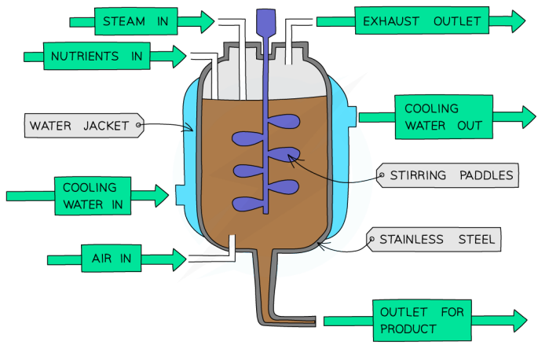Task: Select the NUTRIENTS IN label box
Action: coord(96,57)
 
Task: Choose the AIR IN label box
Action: coord(106,258)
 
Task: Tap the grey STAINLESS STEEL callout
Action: coord(436,239)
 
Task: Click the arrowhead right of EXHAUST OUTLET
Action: coord(517,21)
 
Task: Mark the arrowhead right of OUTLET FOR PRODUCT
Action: coord(518,320)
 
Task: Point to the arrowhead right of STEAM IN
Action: coord(206,21)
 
